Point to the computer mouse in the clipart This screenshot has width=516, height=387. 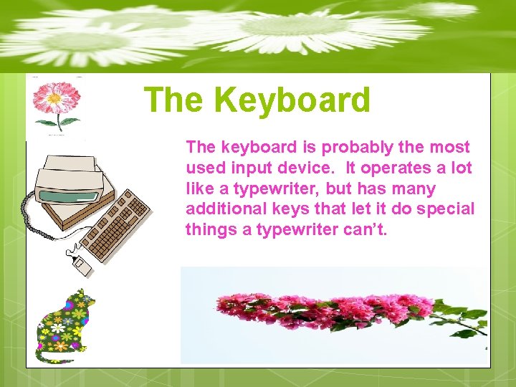click(x=82, y=267)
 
